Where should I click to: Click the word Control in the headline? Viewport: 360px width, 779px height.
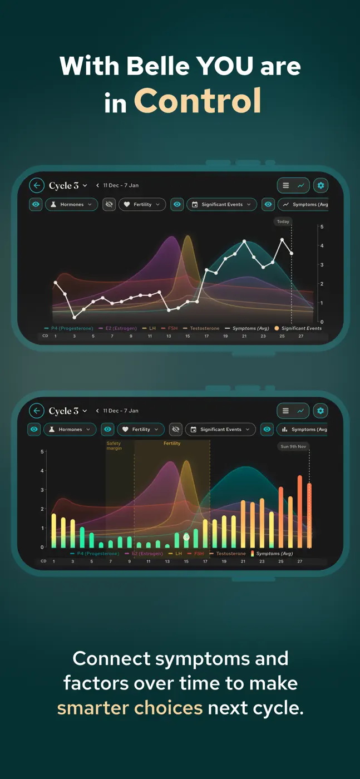tap(198, 101)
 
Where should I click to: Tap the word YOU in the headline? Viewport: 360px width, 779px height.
tap(225, 66)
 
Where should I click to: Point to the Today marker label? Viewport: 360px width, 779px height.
tap(283, 221)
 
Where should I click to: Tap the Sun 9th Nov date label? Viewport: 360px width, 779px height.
tap(293, 446)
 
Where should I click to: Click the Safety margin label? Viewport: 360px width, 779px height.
tap(114, 446)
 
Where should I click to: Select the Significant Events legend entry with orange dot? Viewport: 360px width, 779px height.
tap(298, 328)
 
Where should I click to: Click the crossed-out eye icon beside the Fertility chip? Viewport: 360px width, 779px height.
tap(109, 205)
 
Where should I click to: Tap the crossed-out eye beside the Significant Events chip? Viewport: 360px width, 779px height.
tap(176, 430)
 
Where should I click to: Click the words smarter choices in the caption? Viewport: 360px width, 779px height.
tap(130, 708)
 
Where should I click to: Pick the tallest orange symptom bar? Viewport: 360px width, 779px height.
tap(300, 511)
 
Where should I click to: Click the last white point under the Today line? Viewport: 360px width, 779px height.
tap(292, 254)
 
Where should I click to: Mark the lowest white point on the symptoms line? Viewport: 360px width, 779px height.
tap(75, 317)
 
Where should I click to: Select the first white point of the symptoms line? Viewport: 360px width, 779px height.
tap(56, 283)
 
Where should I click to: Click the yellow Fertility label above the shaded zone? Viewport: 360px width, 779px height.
tap(172, 443)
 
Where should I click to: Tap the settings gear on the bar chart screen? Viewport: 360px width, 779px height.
tap(320, 411)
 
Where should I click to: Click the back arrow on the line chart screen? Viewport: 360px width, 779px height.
tap(37, 185)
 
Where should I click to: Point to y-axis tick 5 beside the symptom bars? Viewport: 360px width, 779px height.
tap(42, 452)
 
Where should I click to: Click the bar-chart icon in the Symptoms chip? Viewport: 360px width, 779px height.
tap(284, 430)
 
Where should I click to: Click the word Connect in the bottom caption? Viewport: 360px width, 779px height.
tap(112, 658)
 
